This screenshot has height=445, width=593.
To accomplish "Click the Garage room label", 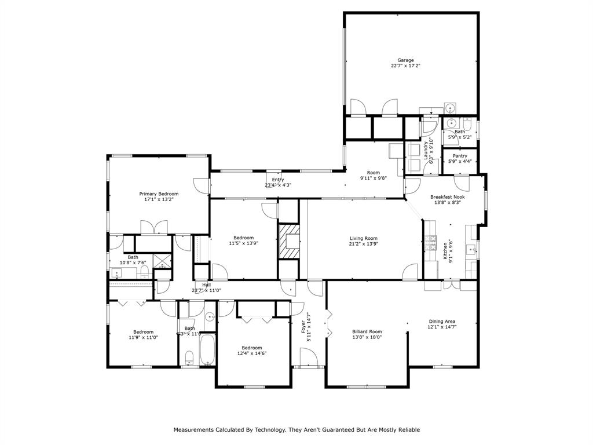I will (x=405, y=60).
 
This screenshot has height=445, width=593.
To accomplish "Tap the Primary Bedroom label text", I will (x=159, y=194).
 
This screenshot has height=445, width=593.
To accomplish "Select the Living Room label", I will (x=363, y=238).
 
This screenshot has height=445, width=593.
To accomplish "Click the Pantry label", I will (x=460, y=156).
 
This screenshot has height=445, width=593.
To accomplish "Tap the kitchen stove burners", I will (x=430, y=244).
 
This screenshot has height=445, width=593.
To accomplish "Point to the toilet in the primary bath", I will (x=145, y=271).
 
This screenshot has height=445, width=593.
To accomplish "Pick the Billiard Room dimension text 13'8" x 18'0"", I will (x=367, y=337).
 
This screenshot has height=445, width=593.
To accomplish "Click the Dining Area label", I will (x=442, y=322).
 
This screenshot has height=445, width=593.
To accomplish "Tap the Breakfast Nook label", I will (x=447, y=197).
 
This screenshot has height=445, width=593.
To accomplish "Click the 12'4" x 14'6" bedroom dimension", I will (x=252, y=353).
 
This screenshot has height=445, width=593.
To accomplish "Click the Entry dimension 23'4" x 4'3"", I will (x=278, y=185).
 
